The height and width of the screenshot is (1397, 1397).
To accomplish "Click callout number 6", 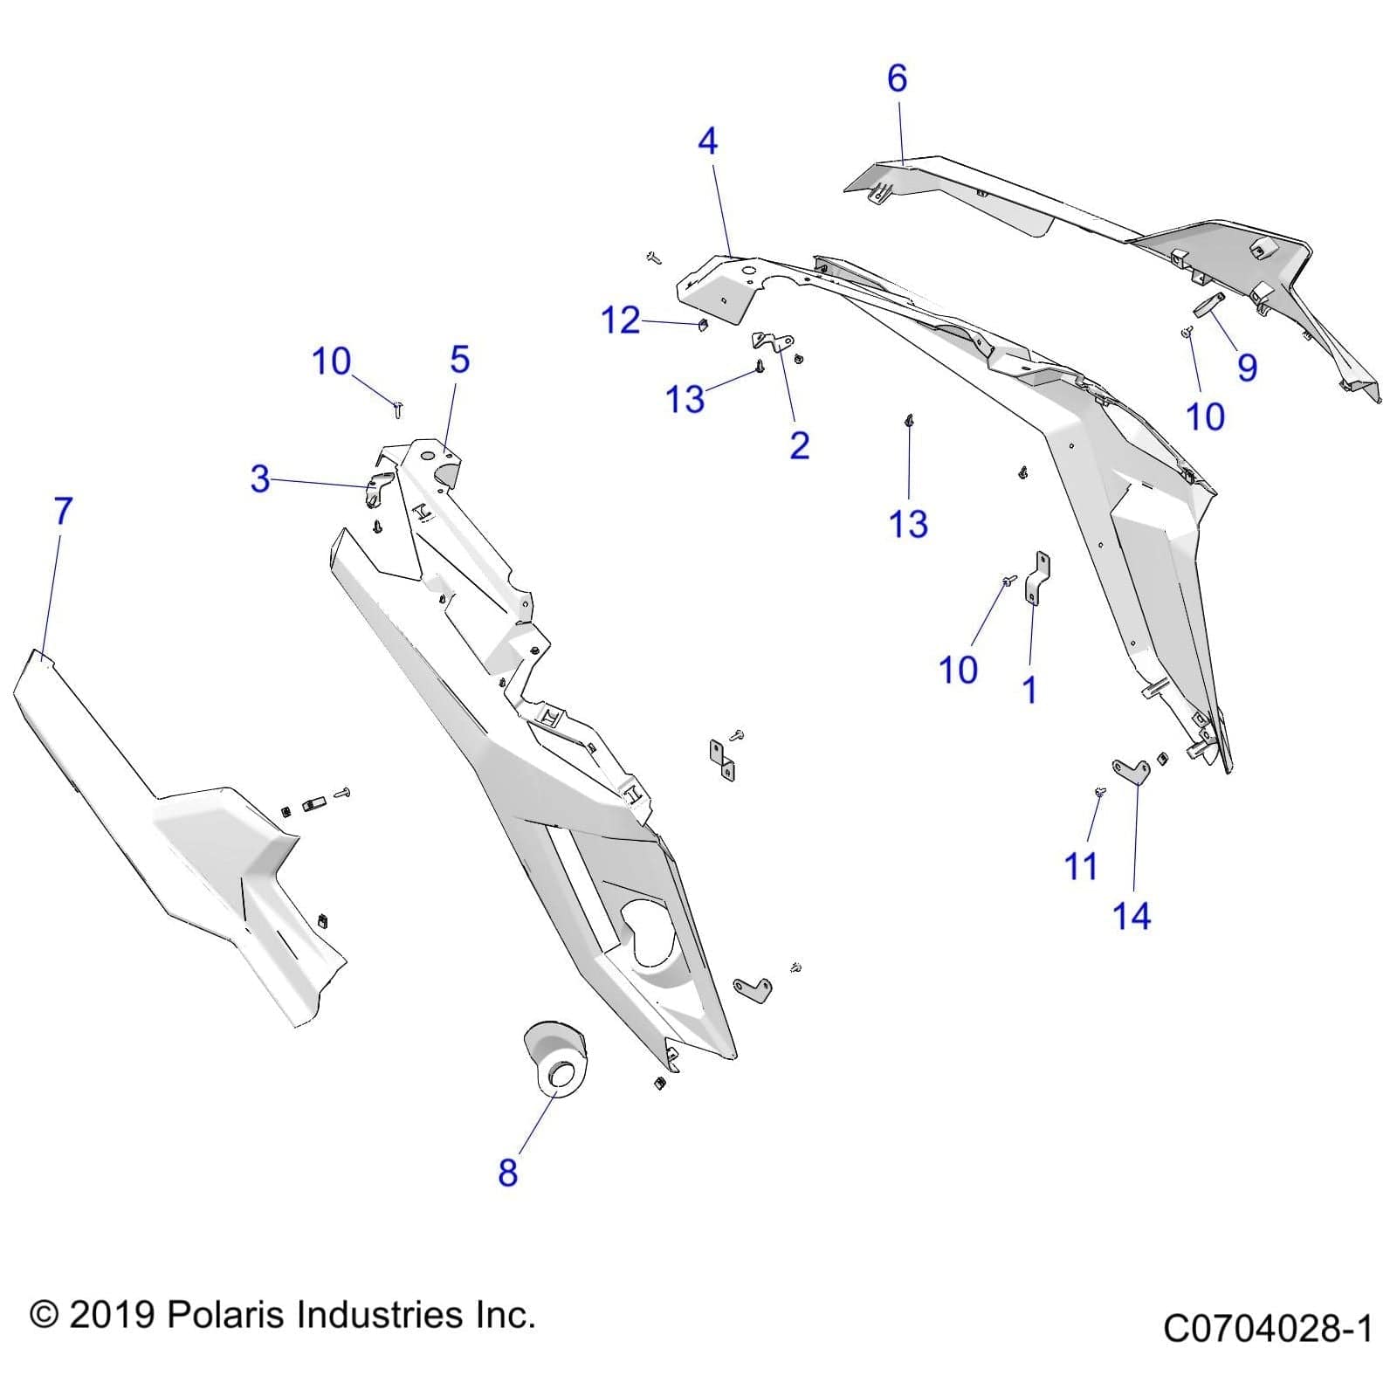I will point(897,79).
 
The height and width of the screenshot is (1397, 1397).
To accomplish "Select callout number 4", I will point(707,141).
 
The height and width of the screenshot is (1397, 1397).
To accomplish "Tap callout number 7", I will point(63,512).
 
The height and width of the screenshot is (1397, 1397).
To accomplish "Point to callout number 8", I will point(507,1173).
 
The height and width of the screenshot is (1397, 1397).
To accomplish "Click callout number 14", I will point(1132,916).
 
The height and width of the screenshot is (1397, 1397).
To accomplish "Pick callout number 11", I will point(1080,867).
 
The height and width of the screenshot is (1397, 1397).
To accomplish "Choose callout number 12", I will point(621,321).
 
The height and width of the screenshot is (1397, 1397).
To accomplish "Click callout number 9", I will point(1247,367).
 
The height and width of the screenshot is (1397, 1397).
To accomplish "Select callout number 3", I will point(259,478).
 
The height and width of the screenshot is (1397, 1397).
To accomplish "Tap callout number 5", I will point(459,360).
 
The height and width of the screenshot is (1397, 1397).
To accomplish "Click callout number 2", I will point(799,445).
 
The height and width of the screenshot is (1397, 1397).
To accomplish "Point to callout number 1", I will point(1029,690).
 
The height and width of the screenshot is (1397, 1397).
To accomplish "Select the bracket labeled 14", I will point(1131,770).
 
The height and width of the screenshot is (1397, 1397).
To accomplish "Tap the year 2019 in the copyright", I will point(111,1314).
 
